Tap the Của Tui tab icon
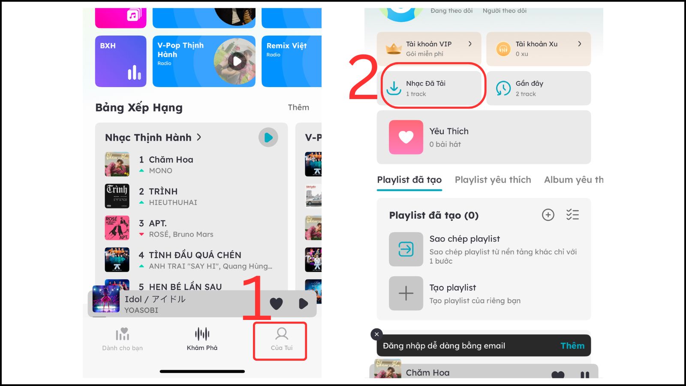pyautogui.click(x=282, y=334)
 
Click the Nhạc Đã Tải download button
pyautogui.click(x=394, y=88)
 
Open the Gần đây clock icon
pyautogui.click(x=503, y=88)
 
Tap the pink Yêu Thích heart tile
pyautogui.click(x=406, y=137)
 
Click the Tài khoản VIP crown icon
pyautogui.click(x=393, y=48)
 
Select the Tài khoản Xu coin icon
pyautogui.click(x=503, y=49)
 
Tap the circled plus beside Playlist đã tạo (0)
pyautogui.click(x=548, y=215)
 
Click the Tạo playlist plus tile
pyautogui.click(x=406, y=293)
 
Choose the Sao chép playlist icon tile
pyautogui.click(x=406, y=249)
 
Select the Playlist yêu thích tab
pyautogui.click(x=493, y=180)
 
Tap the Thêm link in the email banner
pyautogui.click(x=572, y=346)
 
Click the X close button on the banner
pyautogui.click(x=376, y=335)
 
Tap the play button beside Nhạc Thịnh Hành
pyautogui.click(x=268, y=137)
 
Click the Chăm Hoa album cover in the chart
pyautogui.click(x=117, y=164)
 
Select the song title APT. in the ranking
pyautogui.click(x=158, y=223)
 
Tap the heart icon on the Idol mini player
pyautogui.click(x=276, y=304)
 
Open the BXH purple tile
pyautogui.click(x=120, y=61)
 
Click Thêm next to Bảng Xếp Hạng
pyautogui.click(x=298, y=107)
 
